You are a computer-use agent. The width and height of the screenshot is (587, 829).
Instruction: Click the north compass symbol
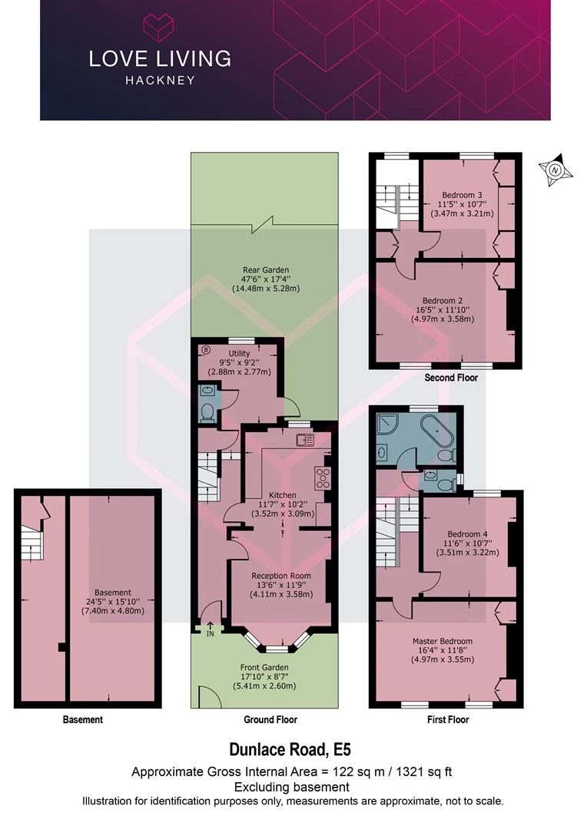[x=555, y=170]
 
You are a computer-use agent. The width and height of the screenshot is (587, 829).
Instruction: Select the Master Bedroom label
[x=443, y=641]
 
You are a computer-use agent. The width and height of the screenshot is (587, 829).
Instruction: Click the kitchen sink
[x=306, y=439]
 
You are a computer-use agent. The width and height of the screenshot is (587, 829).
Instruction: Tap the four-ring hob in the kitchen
[x=323, y=477]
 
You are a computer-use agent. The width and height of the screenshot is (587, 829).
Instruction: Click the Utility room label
[x=239, y=353]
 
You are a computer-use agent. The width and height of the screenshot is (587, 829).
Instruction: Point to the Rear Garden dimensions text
[x=266, y=284]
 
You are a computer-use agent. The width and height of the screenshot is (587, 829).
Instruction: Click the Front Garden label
[x=264, y=667]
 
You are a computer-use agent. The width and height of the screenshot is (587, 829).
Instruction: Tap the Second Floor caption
[x=451, y=378]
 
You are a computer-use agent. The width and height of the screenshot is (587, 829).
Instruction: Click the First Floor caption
[x=448, y=719]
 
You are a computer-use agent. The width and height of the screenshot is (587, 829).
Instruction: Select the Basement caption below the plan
[x=82, y=719]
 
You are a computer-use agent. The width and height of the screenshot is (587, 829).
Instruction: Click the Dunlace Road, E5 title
[x=290, y=749]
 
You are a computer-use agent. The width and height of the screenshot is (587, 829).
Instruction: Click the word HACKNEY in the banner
[x=160, y=81]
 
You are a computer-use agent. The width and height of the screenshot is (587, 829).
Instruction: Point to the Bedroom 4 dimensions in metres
[x=467, y=553]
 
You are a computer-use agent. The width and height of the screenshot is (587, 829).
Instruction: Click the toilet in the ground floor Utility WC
[x=207, y=412]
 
